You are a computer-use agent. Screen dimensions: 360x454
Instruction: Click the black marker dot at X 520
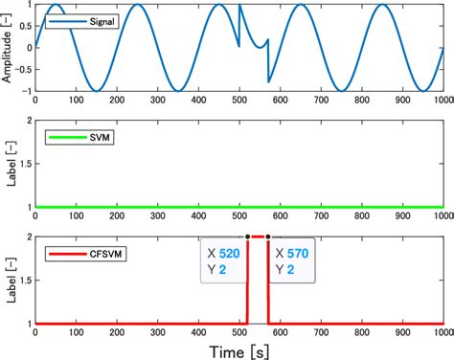click(247, 236)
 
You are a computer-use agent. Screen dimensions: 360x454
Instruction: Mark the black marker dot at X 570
click(268, 236)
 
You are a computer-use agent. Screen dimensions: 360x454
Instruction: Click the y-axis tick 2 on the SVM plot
click(29, 121)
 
